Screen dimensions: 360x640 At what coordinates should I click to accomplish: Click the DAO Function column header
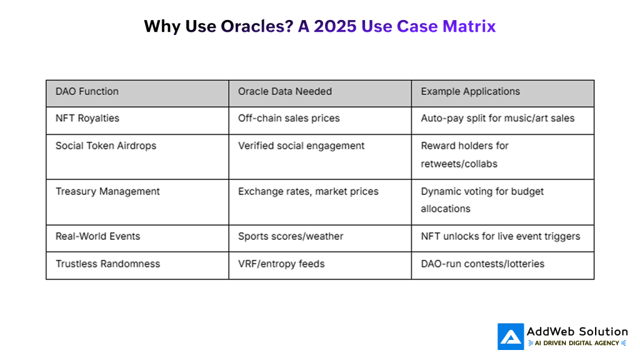point(87,91)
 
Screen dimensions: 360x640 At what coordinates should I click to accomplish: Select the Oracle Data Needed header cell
point(284,91)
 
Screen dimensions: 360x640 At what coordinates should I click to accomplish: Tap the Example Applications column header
point(470,91)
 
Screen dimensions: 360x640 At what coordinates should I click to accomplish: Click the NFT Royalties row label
point(87,118)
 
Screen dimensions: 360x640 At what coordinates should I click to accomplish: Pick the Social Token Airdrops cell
point(106,146)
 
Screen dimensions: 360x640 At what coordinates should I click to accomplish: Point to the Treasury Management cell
point(107,191)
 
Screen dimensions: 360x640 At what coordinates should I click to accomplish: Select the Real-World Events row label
point(97,236)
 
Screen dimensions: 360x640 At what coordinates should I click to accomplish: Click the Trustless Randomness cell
point(107,264)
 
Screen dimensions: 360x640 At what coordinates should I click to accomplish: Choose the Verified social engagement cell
point(301,146)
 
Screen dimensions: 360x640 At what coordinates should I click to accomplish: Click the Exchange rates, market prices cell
point(308,191)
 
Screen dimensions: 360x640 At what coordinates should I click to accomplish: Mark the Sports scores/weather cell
point(291,236)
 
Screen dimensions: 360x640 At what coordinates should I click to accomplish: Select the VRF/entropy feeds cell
point(281,264)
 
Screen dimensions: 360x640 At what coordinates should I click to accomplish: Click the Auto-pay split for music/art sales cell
point(497,118)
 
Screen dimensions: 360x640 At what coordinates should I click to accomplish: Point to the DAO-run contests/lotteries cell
point(482,264)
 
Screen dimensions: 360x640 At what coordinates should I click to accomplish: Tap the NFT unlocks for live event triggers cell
point(500,236)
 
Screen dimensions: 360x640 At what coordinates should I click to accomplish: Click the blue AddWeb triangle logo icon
point(511,336)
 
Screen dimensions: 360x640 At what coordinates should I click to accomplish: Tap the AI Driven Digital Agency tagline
point(577,343)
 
